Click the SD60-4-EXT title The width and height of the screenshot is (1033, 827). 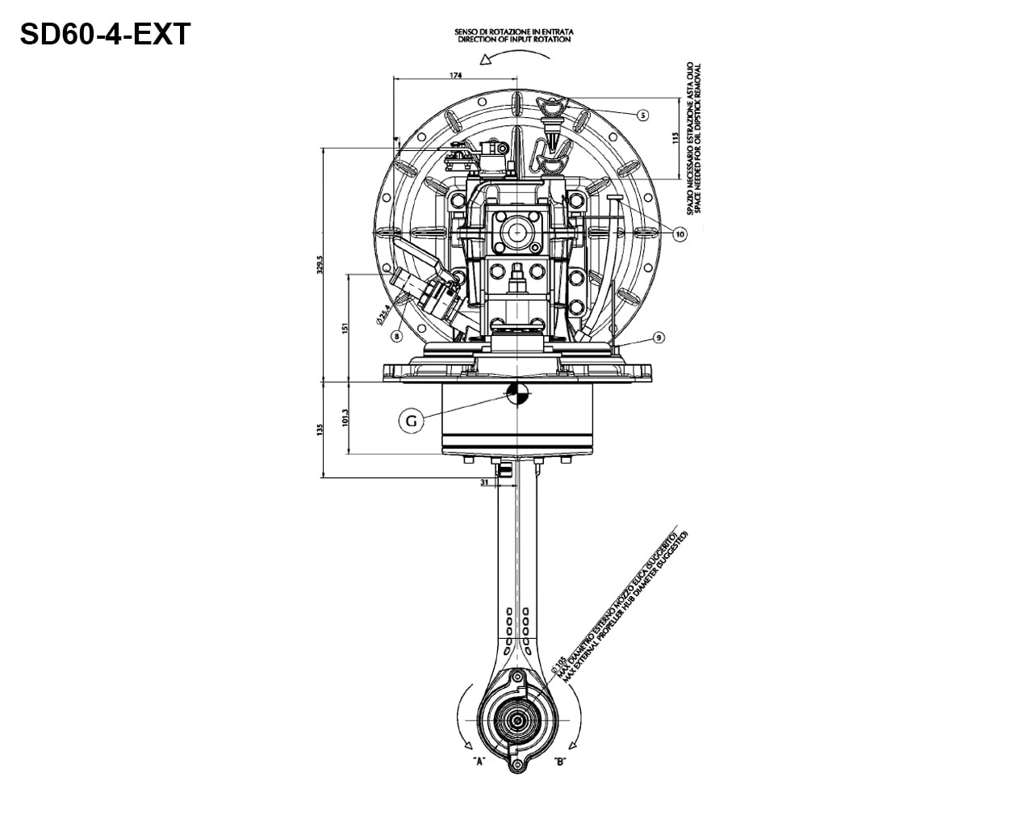[x=105, y=35]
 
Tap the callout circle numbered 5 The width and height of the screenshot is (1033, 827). [x=642, y=115]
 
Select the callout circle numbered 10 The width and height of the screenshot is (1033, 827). [x=679, y=234]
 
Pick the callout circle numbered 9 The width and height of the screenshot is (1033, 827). [x=659, y=338]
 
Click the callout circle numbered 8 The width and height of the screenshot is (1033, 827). [x=396, y=334]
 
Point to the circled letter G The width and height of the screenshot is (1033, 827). [x=411, y=421]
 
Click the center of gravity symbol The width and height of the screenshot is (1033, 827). [x=516, y=393]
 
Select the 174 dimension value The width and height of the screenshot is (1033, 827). [x=454, y=75]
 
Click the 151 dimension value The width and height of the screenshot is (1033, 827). [x=345, y=329]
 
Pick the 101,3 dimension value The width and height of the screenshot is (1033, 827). [x=345, y=418]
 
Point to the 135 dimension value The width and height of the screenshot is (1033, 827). [x=320, y=429]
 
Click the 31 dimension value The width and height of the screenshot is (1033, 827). [x=484, y=482]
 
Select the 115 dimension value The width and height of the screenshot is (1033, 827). [x=675, y=137]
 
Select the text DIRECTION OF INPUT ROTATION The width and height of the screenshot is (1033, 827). [x=514, y=39]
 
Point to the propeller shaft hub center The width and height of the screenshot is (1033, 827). [x=516, y=717]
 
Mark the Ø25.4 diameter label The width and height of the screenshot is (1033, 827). [x=384, y=314]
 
